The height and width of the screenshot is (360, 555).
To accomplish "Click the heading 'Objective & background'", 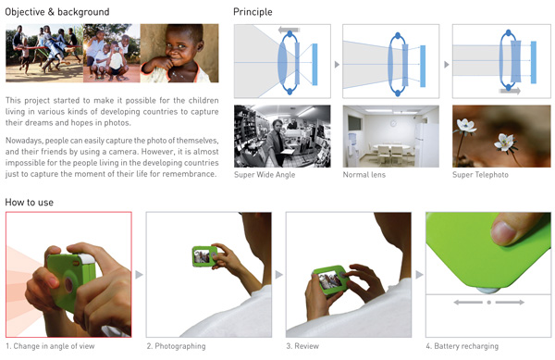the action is (x=57, y=12).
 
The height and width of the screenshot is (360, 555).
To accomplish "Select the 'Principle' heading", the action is (x=253, y=12).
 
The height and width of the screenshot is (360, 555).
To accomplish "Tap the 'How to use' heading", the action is (x=30, y=203).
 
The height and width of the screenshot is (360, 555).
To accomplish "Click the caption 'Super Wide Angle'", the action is (x=265, y=175).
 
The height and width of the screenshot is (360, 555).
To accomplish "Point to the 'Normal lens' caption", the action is (x=364, y=175).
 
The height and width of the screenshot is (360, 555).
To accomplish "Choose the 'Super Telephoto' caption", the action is (x=480, y=175).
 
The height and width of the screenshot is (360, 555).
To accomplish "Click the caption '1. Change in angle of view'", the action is (x=50, y=346).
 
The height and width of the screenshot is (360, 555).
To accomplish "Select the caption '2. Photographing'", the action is (x=176, y=346).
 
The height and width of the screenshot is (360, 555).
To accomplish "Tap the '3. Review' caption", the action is (x=302, y=346).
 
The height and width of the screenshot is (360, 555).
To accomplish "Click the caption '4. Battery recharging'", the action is (x=462, y=346).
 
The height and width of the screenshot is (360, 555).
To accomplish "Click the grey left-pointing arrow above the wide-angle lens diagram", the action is (x=290, y=30).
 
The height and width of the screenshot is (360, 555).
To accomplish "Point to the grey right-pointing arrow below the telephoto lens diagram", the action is (x=510, y=91).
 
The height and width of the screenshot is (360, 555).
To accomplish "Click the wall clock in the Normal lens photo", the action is (x=393, y=123).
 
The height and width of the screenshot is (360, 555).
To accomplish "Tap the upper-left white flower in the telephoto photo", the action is (x=465, y=126).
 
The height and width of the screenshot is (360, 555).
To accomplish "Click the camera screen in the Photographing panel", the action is (x=202, y=256).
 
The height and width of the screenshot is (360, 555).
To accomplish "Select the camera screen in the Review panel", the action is (x=330, y=280).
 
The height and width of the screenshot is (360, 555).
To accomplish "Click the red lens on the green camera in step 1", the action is (x=68, y=284).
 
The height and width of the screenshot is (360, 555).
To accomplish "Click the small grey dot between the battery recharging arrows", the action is (x=488, y=303).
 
